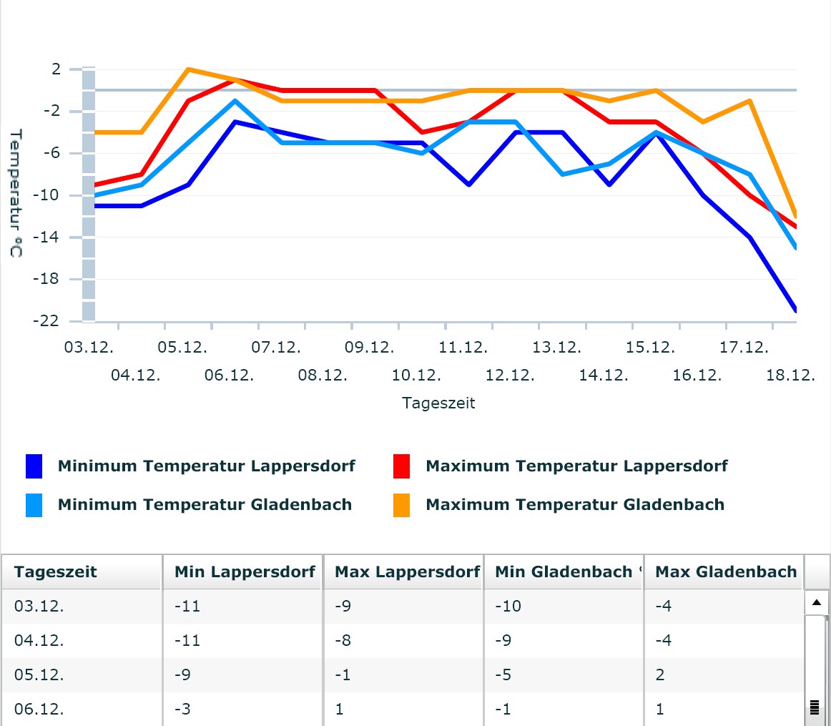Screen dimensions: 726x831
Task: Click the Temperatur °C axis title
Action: (16, 193)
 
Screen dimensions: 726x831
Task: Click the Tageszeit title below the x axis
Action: (438, 403)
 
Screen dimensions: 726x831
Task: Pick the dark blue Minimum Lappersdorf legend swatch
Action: (34, 466)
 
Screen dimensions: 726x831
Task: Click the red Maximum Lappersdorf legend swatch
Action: (402, 466)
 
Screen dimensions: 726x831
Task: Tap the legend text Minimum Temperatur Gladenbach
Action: (205, 505)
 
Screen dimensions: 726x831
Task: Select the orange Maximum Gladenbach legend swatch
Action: (402, 505)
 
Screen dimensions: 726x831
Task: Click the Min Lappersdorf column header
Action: (245, 572)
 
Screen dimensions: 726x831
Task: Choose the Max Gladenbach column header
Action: (725, 572)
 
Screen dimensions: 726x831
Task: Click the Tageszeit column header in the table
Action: (56, 572)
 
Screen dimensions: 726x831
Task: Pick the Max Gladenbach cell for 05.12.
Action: (660, 675)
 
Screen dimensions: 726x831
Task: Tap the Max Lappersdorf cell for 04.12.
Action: (343, 641)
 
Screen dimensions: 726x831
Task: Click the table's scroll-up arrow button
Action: (816, 603)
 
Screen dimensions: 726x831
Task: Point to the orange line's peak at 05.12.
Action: (187, 69)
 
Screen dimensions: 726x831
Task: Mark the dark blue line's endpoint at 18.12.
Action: (795, 310)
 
